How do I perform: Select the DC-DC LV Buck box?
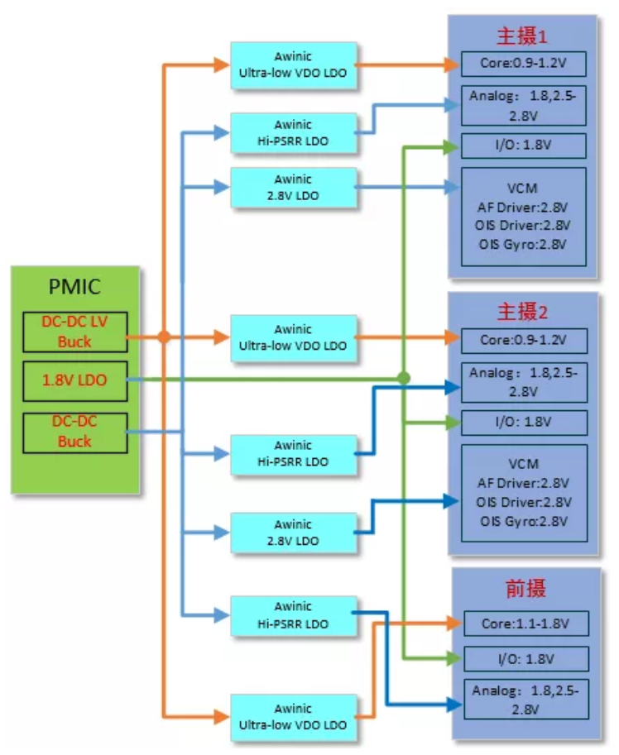pos(74,330)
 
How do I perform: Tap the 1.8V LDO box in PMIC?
pos(74,380)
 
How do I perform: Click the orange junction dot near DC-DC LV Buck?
pos(164,337)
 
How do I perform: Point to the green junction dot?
pos(403,378)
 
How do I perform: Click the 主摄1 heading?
pos(522,36)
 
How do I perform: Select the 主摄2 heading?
pos(522,313)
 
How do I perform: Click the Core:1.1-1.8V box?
pos(525,624)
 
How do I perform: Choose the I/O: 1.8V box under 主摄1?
pos(523,146)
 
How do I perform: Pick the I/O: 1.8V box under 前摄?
pos(525,659)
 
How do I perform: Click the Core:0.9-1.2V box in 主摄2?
pos(524,340)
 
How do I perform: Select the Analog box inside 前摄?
pos(525,700)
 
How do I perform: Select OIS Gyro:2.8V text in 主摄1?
pos(524,244)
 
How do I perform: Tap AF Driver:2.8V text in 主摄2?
pos(524,482)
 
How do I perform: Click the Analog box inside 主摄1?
pos(523,104)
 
